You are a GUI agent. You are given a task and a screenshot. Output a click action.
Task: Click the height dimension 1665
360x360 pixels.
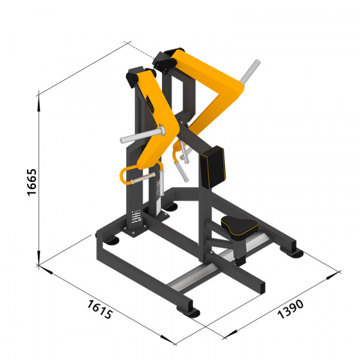click(x=32, y=182)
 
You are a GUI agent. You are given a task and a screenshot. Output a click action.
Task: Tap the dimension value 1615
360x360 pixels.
click(x=100, y=309)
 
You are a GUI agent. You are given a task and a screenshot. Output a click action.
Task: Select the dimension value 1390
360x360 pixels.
click(x=290, y=309)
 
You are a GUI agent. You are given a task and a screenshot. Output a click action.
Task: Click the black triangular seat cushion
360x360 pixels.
click(x=239, y=228)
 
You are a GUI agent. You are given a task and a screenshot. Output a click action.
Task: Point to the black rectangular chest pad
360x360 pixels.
click(x=212, y=167)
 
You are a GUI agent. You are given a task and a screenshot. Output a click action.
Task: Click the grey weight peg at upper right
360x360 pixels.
click(x=250, y=71)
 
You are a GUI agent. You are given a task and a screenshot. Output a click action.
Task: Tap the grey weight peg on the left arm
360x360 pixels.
click(x=142, y=135)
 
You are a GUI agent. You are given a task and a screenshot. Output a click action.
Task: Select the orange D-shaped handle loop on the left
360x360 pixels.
click(x=125, y=175)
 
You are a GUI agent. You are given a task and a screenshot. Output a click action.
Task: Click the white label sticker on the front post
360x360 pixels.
click(x=136, y=217)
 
